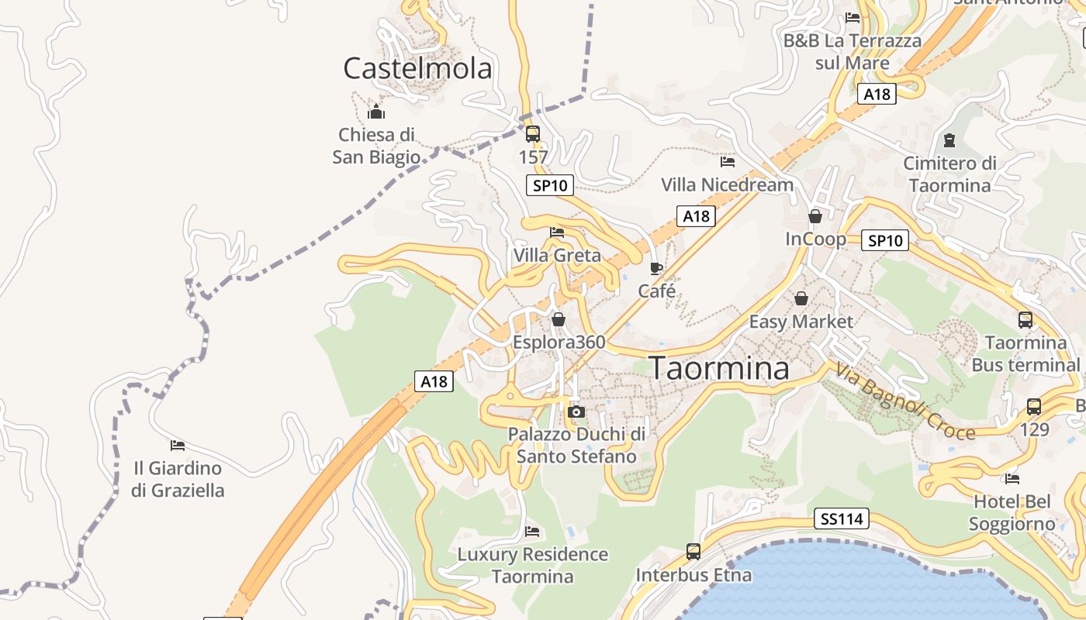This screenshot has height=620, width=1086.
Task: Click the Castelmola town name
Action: (x=417, y=68)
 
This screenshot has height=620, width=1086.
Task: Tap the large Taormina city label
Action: (x=719, y=368)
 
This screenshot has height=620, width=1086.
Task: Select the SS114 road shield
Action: (x=842, y=518)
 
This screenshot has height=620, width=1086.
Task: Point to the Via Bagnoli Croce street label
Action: (x=904, y=401)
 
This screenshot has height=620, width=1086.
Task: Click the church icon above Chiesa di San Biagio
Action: (x=376, y=112)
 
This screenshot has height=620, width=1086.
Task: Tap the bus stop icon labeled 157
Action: (x=533, y=134)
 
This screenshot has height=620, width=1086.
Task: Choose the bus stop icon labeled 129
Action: (x=1034, y=406)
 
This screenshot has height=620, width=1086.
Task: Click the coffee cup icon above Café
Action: (x=656, y=269)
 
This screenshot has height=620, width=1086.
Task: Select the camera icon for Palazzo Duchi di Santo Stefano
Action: (x=576, y=412)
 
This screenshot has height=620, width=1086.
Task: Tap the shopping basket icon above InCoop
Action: (x=815, y=216)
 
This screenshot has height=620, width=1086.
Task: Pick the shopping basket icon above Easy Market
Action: (x=801, y=298)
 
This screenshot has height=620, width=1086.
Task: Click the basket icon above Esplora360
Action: (x=559, y=319)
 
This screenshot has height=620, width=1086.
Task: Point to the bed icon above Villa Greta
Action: (x=557, y=232)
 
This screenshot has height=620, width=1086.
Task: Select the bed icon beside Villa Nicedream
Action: (x=728, y=162)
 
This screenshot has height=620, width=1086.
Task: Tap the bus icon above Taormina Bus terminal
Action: (x=1025, y=319)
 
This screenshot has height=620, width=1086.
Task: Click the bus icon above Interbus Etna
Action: (x=693, y=552)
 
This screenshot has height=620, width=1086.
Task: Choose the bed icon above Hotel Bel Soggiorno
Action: (x=1012, y=478)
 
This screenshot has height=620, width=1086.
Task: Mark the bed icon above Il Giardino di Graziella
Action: (x=178, y=446)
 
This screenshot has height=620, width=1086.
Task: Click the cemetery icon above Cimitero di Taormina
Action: (x=949, y=140)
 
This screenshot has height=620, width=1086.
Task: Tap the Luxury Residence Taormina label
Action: (x=532, y=566)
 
